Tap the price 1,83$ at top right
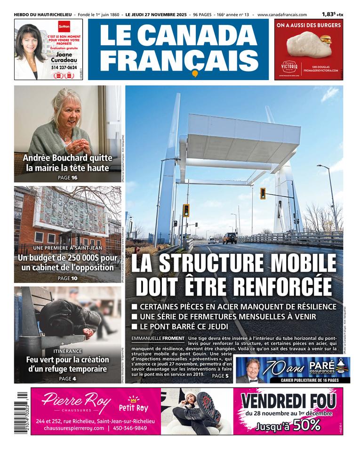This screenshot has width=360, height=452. click(329, 15)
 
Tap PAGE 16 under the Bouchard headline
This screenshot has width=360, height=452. click(67, 178)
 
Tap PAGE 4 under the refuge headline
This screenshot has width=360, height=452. click(67, 379)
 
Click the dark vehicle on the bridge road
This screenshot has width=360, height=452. click(230, 238)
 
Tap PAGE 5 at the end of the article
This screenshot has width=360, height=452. click(220, 376)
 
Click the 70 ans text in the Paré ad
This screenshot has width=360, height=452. click(285, 367)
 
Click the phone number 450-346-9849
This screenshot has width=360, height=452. click(129, 428)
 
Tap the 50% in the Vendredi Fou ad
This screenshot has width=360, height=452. click(306, 425)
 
